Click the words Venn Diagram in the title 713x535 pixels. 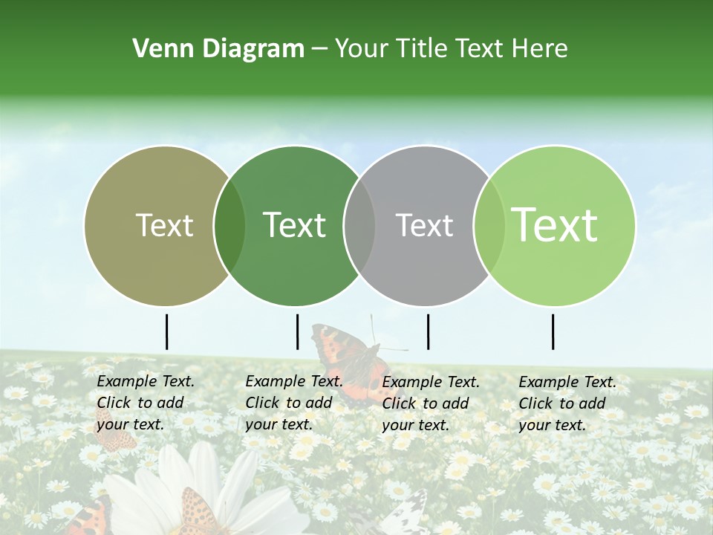click(218, 49)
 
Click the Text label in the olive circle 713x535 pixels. click(164, 225)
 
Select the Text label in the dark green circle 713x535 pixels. click(294, 225)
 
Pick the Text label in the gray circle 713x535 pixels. click(424, 225)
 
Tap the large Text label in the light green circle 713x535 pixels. click(554, 225)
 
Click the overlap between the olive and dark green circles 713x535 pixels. click(229, 225)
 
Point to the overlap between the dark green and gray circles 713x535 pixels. click(359, 225)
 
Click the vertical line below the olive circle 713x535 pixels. click(166, 331)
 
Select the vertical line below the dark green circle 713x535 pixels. click(297, 331)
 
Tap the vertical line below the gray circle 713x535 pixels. click(428, 331)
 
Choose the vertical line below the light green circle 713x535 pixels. click(553, 331)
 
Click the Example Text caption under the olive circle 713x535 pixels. click(145, 403)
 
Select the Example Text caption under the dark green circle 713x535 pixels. click(293, 403)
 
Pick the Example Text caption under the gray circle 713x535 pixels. click(430, 403)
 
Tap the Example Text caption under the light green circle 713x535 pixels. click(567, 403)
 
